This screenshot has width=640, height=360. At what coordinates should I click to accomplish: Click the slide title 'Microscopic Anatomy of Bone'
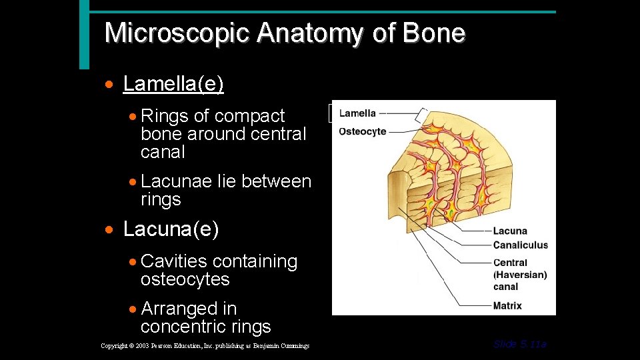(285, 33)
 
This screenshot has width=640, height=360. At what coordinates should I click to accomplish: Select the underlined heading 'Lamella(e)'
(173, 84)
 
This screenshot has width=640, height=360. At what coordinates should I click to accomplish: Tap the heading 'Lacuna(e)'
(171, 229)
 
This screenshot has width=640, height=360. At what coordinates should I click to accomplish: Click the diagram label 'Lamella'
(357, 113)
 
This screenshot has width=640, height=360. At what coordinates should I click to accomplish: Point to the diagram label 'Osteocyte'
(362, 131)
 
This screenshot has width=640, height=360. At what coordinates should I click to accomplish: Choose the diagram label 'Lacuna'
(510, 231)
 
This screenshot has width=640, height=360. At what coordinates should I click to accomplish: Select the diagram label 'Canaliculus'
(520, 245)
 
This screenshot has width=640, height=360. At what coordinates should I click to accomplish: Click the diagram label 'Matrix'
(507, 305)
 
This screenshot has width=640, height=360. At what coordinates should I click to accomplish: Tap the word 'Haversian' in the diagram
(519, 275)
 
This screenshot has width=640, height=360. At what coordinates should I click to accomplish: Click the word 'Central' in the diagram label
(510, 263)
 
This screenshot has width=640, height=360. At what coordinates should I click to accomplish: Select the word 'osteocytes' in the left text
(185, 279)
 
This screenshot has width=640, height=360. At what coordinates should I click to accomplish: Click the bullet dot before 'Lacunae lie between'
(134, 182)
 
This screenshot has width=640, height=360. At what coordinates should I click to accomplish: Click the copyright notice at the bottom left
(205, 345)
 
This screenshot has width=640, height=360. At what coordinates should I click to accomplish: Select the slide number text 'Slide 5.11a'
(520, 344)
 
